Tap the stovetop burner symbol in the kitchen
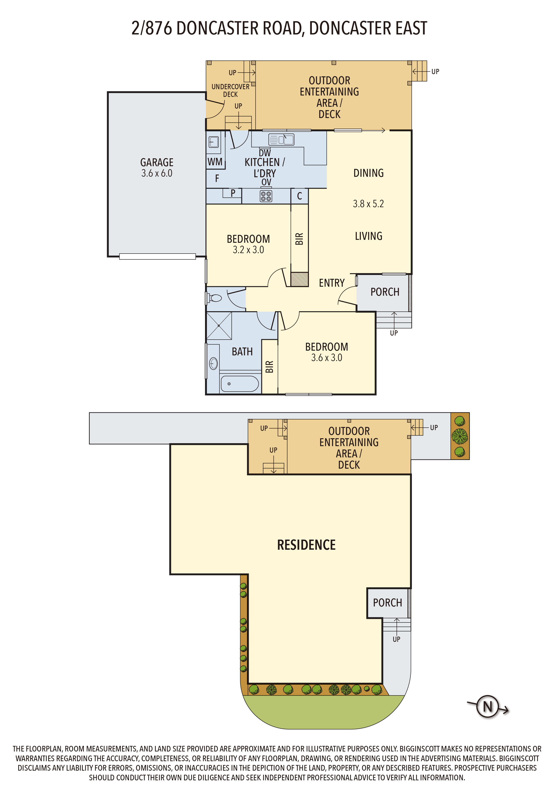click(x=266, y=196)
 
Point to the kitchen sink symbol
click(x=281, y=139)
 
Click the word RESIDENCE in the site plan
click(x=306, y=545)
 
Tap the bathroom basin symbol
click(x=213, y=363)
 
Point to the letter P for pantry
click(x=233, y=193)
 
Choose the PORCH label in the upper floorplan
click(x=385, y=292)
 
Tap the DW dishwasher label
click(x=265, y=153)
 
